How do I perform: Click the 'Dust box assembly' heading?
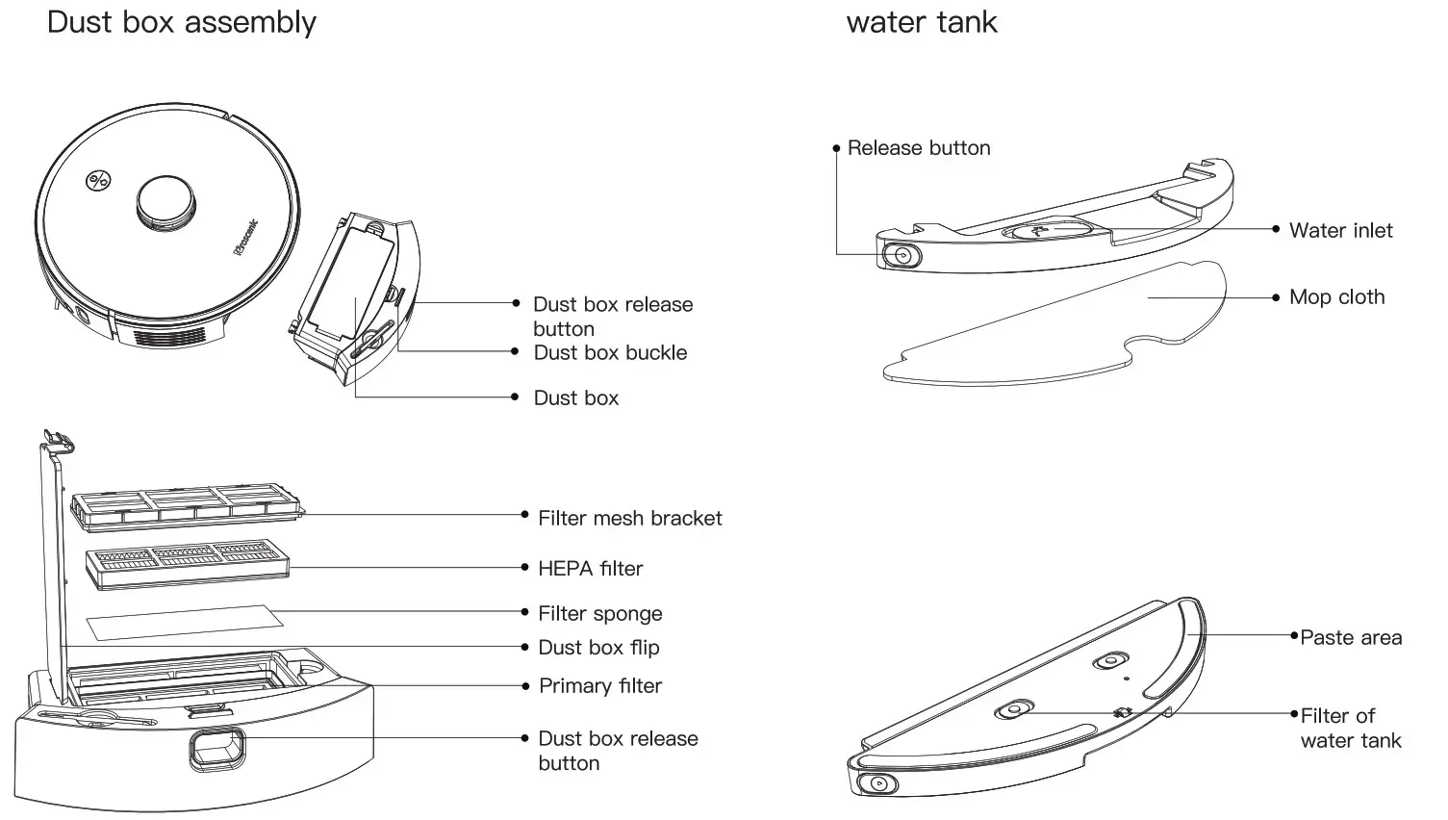coord(181,22)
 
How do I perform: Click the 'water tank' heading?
coord(921,22)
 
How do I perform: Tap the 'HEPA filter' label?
coord(590,569)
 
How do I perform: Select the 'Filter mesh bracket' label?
coord(629,519)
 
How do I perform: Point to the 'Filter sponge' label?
coord(599,614)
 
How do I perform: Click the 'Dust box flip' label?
coord(598,648)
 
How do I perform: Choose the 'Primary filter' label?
coord(599,686)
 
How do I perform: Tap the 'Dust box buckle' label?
coord(610,353)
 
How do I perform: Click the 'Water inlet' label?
coord(1340,231)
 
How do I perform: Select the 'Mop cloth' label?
coord(1336,297)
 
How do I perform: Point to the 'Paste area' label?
coord(1350,638)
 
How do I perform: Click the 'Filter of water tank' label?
coord(1350,729)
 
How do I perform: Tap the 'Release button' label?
coord(918,148)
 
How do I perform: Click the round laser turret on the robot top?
coord(166,203)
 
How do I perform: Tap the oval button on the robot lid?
coord(98,180)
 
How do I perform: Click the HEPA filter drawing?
coord(188,563)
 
